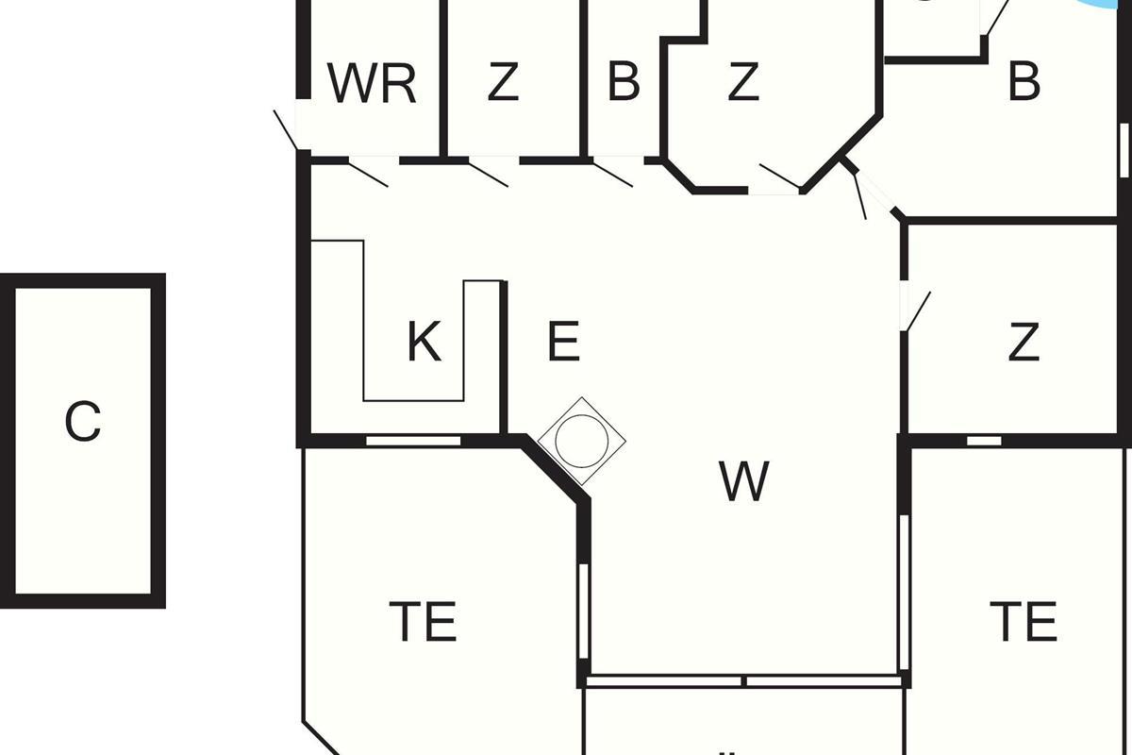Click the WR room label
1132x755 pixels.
[x=372, y=83]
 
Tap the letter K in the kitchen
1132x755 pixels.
[x=424, y=342]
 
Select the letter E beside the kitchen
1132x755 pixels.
[x=563, y=342]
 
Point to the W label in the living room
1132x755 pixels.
[x=744, y=481]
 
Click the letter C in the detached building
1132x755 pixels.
[x=83, y=421]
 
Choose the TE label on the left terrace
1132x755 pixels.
[x=423, y=621]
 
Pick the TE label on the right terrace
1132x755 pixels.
[x=1023, y=621]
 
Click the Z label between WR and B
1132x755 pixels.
[x=504, y=81]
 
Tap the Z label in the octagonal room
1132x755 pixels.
[x=743, y=81]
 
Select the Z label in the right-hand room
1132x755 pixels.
[x=1024, y=342]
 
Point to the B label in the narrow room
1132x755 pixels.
[x=624, y=81]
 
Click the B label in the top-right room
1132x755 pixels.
[x=1024, y=81]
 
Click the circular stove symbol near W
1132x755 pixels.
[x=582, y=441]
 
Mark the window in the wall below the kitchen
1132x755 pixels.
[x=413, y=441]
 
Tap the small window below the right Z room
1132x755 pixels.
[x=984, y=441]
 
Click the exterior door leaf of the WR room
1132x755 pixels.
[x=286, y=130]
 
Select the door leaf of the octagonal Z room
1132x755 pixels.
[x=780, y=176]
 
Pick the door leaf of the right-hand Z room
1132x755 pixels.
[x=918, y=311]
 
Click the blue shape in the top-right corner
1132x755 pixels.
[x=1102, y=4]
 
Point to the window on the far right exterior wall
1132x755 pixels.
[x=1124, y=150]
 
